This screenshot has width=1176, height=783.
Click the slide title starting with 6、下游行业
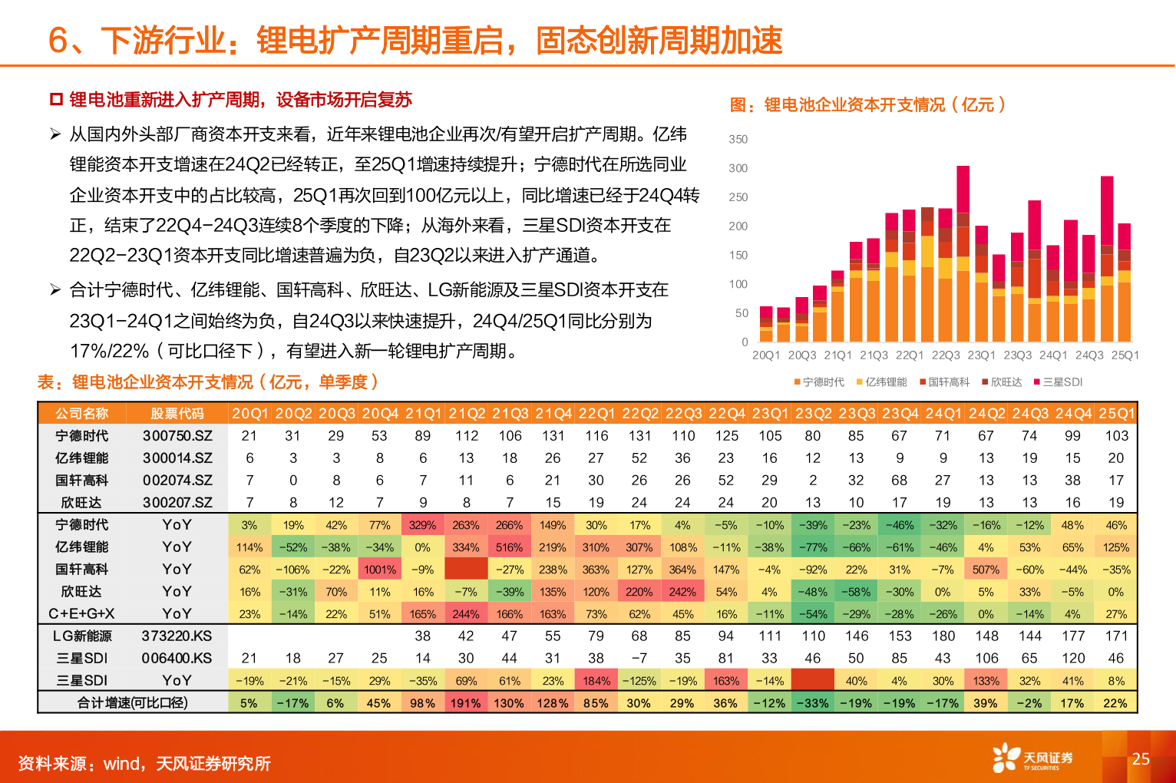coord(415,40)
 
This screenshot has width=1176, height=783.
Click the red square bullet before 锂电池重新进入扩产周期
coord(55,100)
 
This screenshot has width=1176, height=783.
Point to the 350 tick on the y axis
coord(738,139)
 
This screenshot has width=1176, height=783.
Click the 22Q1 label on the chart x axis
coord(910,355)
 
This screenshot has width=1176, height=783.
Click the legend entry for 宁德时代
coord(819,382)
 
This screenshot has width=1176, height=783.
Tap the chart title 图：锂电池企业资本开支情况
coord(867,104)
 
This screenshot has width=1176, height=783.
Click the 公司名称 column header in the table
coord(81,414)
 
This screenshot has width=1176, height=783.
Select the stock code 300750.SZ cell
coord(177,436)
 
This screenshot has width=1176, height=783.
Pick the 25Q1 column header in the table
coord(1116,414)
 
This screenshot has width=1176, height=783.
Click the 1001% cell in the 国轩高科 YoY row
coord(379,570)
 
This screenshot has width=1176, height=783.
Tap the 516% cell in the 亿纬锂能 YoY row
coord(509,547)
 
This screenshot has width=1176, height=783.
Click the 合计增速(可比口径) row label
coord(132,702)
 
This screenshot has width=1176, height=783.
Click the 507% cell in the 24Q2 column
coord(986,570)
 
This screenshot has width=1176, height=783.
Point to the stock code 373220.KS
coord(177,636)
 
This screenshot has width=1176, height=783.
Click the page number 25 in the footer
coord(1141,758)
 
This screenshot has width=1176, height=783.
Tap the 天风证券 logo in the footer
coord(1032,758)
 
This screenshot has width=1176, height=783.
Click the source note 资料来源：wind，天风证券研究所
coord(144,764)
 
